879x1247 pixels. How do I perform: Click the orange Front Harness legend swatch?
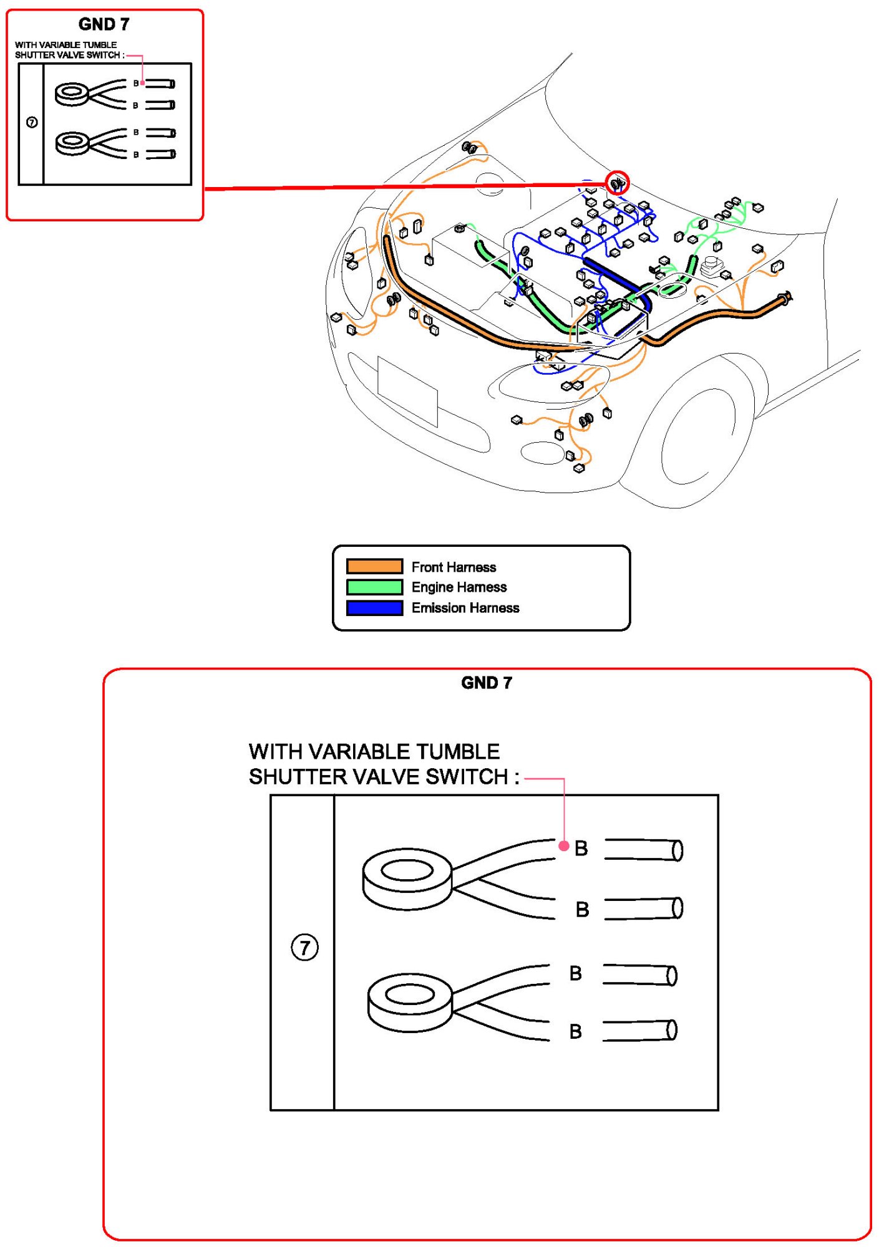point(374,566)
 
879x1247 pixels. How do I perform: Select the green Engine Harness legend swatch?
point(374,587)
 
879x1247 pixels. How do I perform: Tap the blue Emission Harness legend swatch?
point(374,607)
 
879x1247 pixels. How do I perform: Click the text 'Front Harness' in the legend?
point(454,567)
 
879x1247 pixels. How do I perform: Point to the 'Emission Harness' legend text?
point(465,608)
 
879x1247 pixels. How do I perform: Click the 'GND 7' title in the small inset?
point(104,24)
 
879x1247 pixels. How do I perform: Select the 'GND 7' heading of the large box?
point(487,683)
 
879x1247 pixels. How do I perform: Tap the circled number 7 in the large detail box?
point(304,948)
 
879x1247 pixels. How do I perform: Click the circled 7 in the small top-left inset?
point(32,122)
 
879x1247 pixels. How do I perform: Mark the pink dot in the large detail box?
point(564,846)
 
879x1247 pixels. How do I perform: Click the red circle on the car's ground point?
point(617,183)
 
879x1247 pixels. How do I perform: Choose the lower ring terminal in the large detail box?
point(410,1002)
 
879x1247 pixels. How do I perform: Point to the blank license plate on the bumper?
point(407,391)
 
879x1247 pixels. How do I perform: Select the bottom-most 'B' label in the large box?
point(575,1032)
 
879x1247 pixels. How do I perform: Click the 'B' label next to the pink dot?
point(581,848)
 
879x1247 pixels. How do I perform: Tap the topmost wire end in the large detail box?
point(643,850)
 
